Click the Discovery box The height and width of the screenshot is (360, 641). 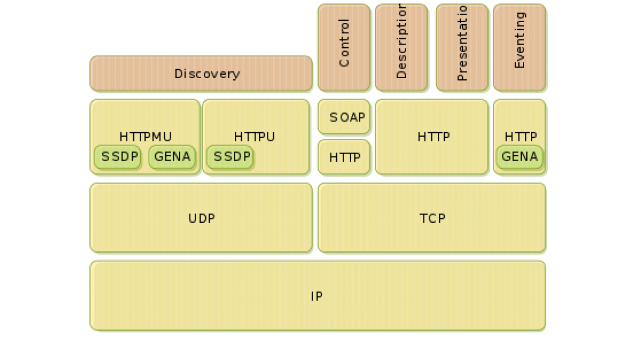pos(201,74)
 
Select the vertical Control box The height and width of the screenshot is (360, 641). pos(344,48)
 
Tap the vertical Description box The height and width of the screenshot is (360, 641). pos(401,48)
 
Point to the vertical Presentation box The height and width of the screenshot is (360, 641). pos(462,48)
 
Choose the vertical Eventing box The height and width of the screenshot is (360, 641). pos(520,48)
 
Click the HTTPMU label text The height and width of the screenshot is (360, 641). pos(146,137)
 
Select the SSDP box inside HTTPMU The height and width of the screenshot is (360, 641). pos(118,157)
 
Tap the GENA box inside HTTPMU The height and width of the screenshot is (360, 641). pos(172,157)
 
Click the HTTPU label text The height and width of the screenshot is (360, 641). pos(255,137)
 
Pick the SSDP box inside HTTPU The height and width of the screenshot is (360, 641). pos(230,157)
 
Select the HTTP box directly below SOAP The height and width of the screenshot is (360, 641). pos(344,157)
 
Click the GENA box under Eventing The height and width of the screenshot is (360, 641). pos(520,157)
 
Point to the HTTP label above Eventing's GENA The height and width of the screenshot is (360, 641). pos(521,137)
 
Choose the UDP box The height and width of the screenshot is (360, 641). pos(201,218)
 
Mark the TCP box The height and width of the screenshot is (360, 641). pos(432,218)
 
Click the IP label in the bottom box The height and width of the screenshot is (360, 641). pos(317,296)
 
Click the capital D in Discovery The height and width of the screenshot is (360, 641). pos(178,74)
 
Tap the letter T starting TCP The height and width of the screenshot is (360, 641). pos(423,218)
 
